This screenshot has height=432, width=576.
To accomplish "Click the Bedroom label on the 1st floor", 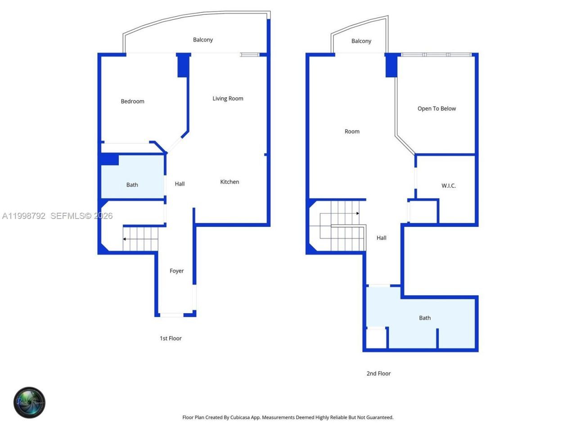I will pyautogui.click(x=132, y=101).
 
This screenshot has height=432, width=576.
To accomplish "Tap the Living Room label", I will pyautogui.click(x=228, y=99).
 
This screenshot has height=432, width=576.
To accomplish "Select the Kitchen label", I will pyautogui.click(x=229, y=182).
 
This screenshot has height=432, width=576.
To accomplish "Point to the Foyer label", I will pyautogui.click(x=176, y=271).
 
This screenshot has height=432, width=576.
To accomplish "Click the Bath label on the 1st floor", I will pyautogui.click(x=132, y=185).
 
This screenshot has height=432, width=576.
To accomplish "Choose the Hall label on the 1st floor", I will pyautogui.click(x=180, y=184).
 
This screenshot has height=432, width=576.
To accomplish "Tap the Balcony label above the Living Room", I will pyautogui.click(x=203, y=40).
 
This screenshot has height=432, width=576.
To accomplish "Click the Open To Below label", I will pyautogui.click(x=436, y=108).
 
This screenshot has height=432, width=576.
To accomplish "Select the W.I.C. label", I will pyautogui.click(x=448, y=185).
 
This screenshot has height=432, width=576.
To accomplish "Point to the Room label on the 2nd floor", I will pyautogui.click(x=352, y=131).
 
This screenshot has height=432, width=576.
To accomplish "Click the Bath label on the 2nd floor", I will pyautogui.click(x=425, y=318).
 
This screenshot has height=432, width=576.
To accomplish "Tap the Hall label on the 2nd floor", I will pyautogui.click(x=381, y=238).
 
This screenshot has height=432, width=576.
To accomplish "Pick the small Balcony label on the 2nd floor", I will pyautogui.click(x=361, y=41).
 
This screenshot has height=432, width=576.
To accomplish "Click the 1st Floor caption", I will pyautogui.click(x=171, y=338).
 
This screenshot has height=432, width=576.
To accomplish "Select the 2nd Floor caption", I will pyautogui.click(x=378, y=373).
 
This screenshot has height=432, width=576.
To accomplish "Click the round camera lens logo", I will pyautogui.click(x=29, y=402).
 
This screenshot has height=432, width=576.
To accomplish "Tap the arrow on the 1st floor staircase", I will pyautogui.click(x=125, y=239).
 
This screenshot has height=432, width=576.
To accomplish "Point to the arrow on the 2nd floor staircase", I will pyautogui.click(x=357, y=213).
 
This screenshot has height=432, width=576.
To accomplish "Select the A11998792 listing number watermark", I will pyautogui.click(x=23, y=216).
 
